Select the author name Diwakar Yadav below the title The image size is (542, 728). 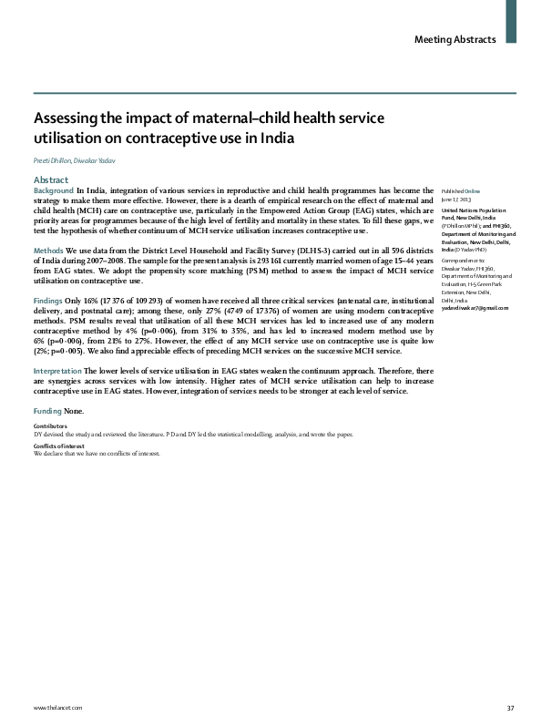[x=100, y=160]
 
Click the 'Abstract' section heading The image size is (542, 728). [x=50, y=179]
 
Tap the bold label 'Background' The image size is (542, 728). [x=54, y=189]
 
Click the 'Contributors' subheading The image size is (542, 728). [x=49, y=375]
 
